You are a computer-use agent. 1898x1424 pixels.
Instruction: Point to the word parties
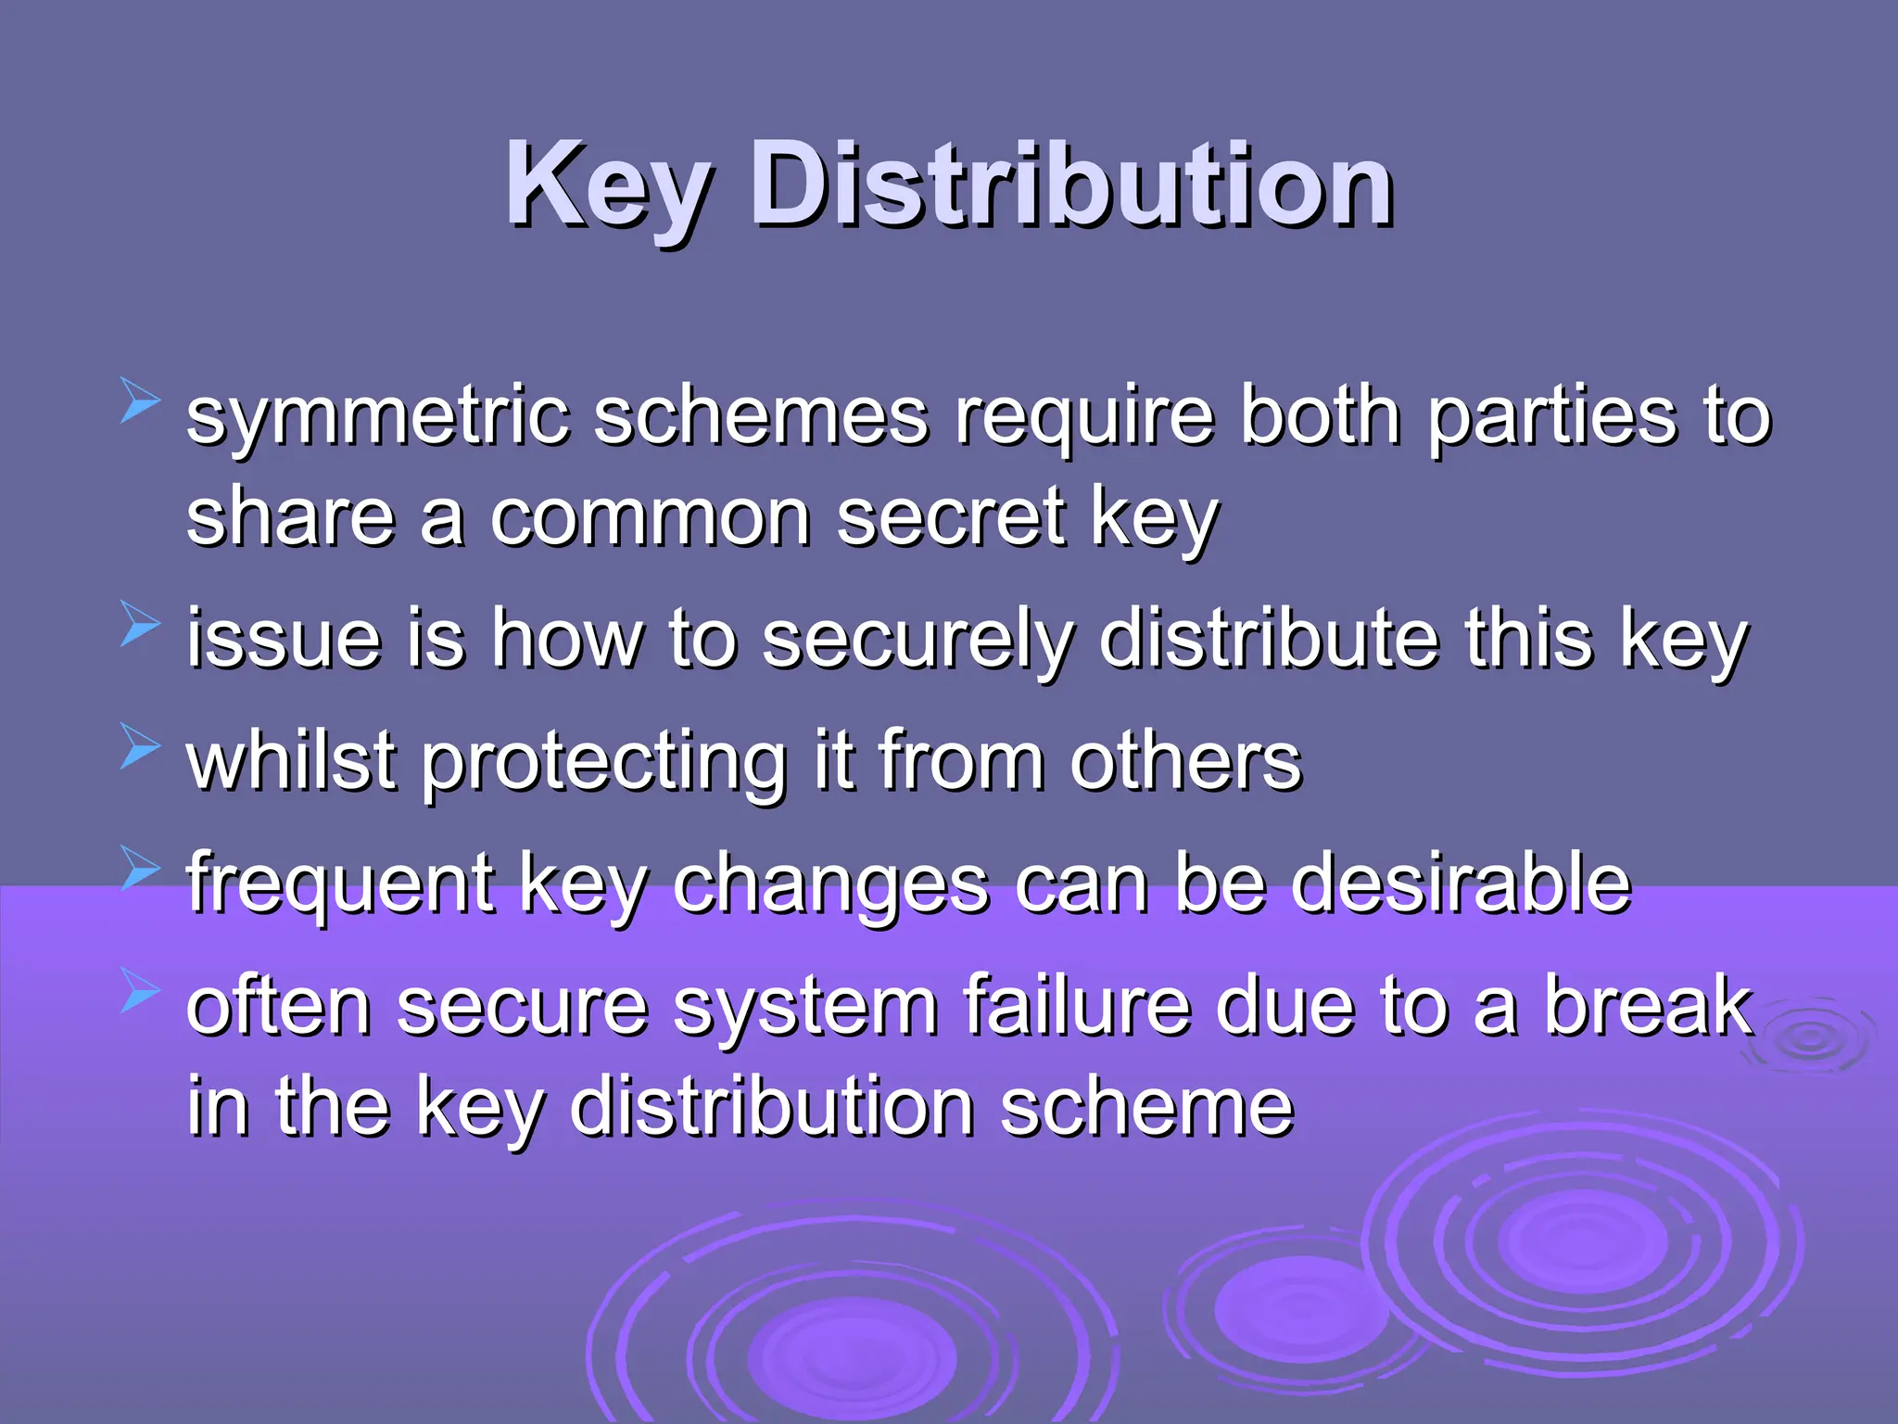[x=1551, y=417]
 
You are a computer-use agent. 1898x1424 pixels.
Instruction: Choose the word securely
[x=918, y=640]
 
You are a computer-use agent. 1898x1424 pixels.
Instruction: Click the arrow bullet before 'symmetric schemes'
[x=140, y=404]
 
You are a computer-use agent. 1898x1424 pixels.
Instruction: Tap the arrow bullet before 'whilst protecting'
[x=140, y=747]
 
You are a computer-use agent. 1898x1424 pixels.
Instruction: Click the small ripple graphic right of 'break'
[x=1808, y=1038]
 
